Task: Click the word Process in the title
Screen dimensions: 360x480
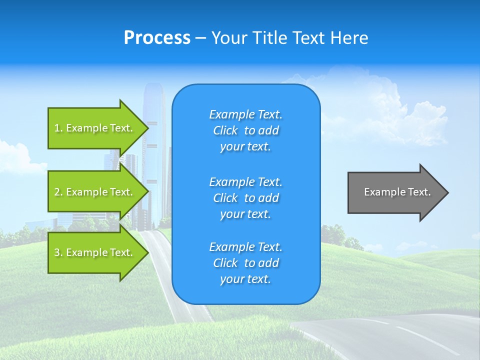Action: tap(157, 38)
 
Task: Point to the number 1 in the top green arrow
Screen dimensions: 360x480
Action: tap(57, 128)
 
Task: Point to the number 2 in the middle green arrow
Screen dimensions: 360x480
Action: tap(57, 192)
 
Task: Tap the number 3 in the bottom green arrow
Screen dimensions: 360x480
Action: tap(57, 252)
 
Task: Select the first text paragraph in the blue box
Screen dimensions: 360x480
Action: tap(245, 130)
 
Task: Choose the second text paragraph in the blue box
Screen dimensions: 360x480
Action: tap(245, 197)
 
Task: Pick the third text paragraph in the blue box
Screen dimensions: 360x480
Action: tap(245, 263)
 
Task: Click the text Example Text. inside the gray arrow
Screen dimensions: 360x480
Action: tap(397, 192)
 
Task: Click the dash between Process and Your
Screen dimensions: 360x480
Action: tap(200, 38)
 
